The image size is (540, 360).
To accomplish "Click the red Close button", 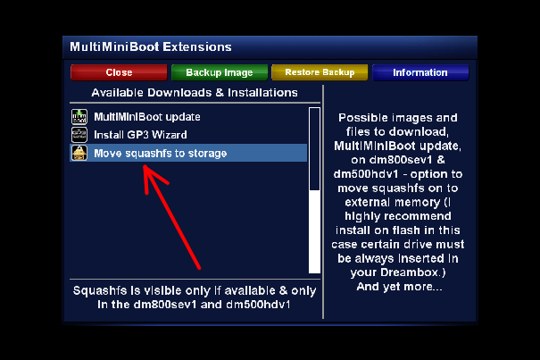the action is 119,72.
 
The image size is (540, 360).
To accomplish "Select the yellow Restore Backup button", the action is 320,72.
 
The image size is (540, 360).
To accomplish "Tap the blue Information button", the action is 420,72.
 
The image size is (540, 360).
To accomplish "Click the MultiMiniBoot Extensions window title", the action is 151,46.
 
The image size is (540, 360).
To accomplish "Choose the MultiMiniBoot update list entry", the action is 147,117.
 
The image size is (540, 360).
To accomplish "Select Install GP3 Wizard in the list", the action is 140,135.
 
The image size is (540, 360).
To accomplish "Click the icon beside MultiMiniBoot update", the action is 79,116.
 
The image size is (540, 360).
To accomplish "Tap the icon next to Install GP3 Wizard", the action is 79,135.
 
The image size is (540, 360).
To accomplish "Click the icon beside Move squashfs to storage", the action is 79,153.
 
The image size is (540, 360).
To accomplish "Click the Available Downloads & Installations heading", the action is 195,93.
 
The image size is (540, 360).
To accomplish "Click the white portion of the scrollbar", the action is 314,231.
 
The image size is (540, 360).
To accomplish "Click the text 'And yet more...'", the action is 399,287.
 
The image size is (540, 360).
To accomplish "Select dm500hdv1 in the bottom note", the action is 258,305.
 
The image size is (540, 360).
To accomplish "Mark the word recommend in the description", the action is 419,216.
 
